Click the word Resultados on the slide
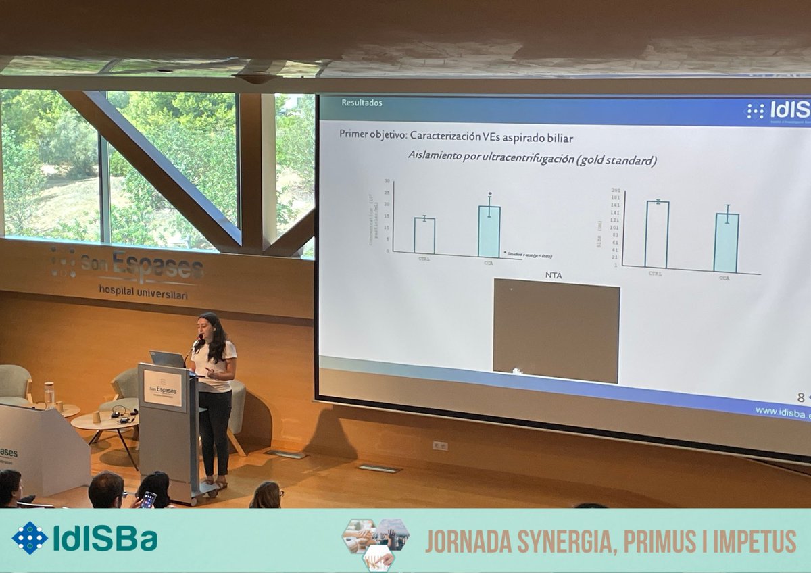point(362,103)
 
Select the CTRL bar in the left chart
point(424,236)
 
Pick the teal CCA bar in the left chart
point(489,232)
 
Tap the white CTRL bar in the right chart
point(656,234)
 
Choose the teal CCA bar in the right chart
point(727,243)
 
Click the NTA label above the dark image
point(554,275)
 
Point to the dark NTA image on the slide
point(556,331)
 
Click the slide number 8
point(800,398)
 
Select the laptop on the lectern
point(167,359)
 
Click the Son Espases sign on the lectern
point(163,389)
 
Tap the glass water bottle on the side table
point(49,395)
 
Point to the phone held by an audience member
point(148,499)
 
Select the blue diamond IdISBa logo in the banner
point(30,539)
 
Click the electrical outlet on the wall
point(440,445)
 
